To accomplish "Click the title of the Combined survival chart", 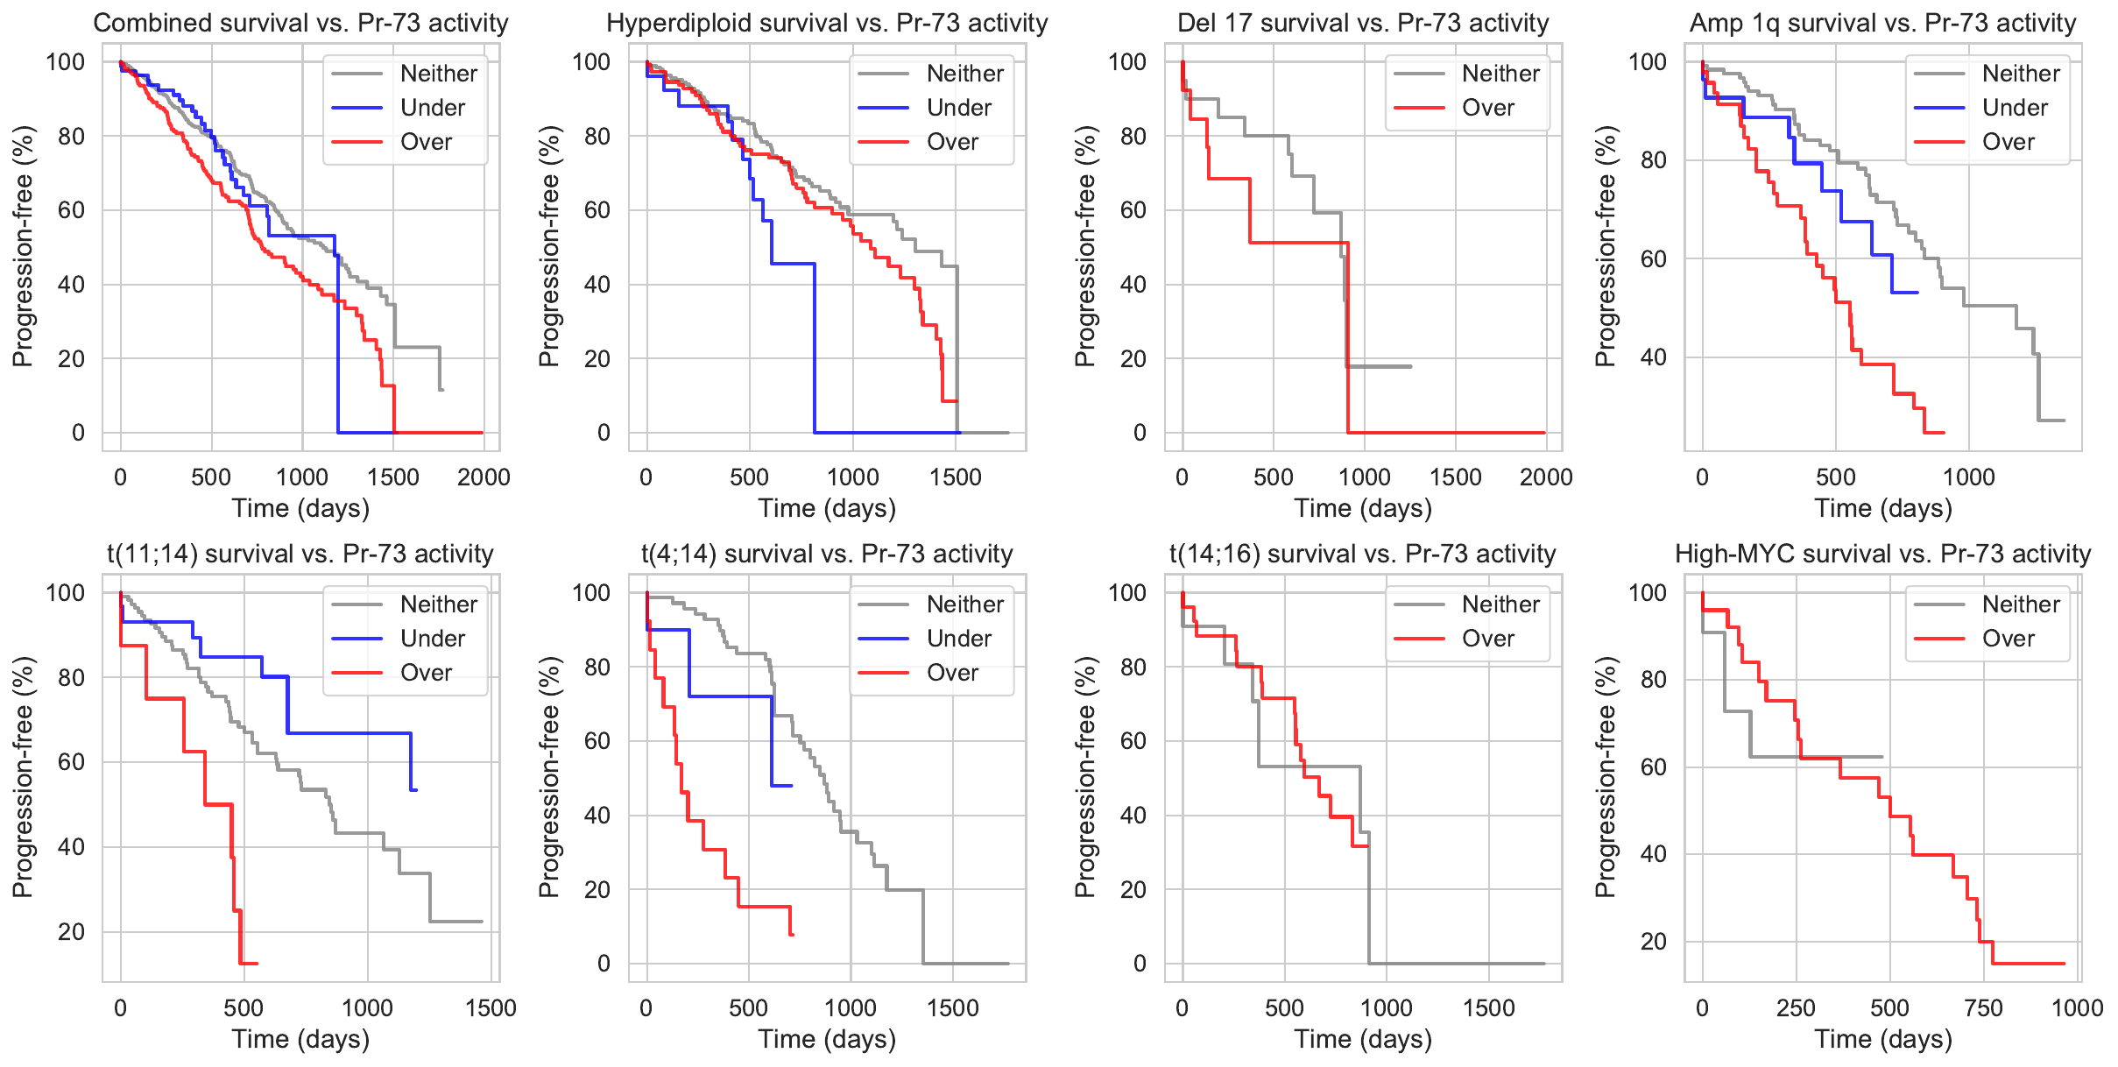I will coord(300,23).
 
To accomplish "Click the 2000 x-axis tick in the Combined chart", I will coord(484,477).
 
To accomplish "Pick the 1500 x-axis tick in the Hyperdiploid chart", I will coord(956,477).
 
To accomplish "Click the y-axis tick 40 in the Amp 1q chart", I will coord(1653,357).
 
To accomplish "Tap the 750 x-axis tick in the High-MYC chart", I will coord(1983,1008).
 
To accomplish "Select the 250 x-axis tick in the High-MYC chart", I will coord(1796,1008).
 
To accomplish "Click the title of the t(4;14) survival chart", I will coord(827,554).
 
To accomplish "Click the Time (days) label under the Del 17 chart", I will coord(1363,509).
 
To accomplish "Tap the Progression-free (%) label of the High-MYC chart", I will coord(1605,777).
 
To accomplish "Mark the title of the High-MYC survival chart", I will coord(1882,554).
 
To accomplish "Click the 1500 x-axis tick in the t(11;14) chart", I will coord(491,1008).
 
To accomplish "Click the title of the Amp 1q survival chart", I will coord(1882,23).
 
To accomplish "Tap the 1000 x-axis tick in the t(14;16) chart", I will coord(1387,1008).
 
